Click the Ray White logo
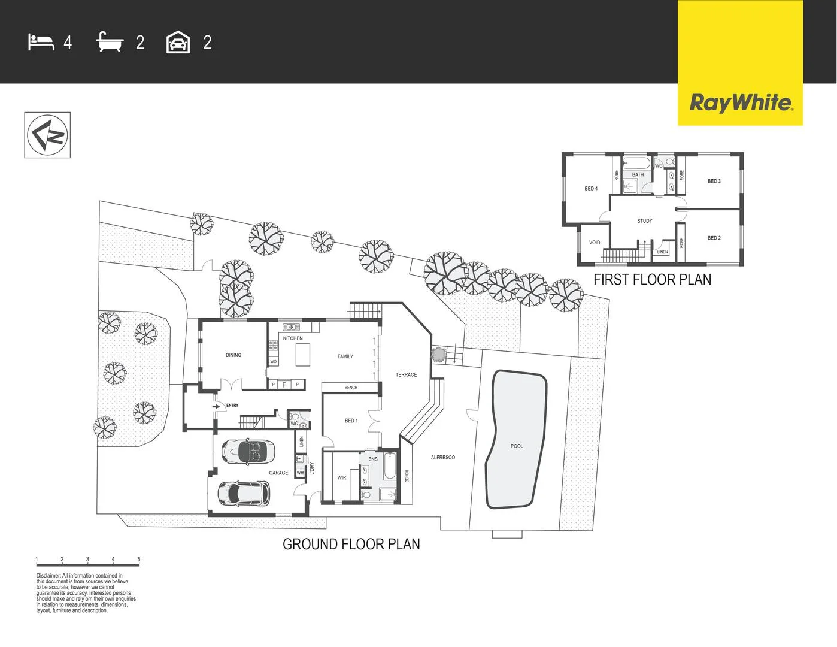click(741, 103)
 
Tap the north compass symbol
click(47, 135)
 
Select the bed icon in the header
click(41, 43)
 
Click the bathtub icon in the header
click(110, 43)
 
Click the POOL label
click(517, 446)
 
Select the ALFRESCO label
click(443, 458)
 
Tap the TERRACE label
click(406, 375)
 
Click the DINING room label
click(233, 355)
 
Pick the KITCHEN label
click(293, 338)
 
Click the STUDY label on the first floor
click(645, 221)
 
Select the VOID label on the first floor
click(595, 243)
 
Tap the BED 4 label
click(591, 189)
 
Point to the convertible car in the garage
click(248, 451)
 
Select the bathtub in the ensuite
click(390, 466)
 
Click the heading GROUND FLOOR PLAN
click(351, 544)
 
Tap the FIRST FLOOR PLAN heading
click(652, 279)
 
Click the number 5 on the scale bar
click(139, 560)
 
